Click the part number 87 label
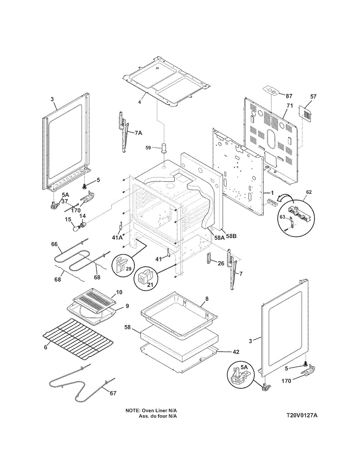289,96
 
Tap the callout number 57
313,97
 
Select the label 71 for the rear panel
289,106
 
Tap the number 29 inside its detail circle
129,268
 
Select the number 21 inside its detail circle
150,285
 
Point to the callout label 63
282,217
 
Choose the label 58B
231,236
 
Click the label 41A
118,238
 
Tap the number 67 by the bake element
113,393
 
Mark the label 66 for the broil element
54,244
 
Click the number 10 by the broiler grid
119,292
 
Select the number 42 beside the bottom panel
236,352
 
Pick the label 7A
139,133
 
